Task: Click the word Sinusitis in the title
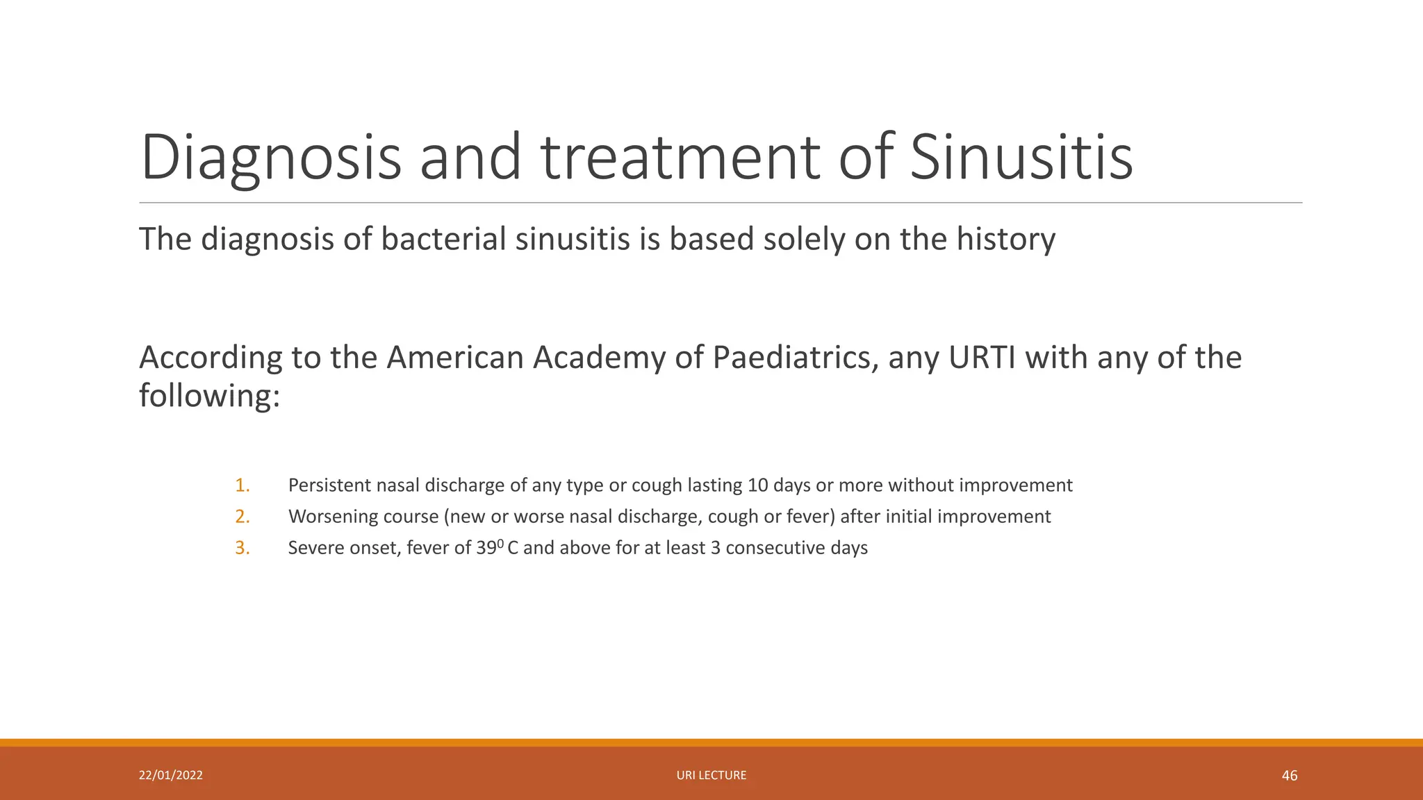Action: [x=1021, y=158]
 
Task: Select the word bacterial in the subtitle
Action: [x=443, y=240]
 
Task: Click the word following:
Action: [x=209, y=397]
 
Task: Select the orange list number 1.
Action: [x=242, y=485]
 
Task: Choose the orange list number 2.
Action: [x=242, y=517]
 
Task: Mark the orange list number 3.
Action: [x=242, y=548]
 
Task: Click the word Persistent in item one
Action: [x=329, y=485]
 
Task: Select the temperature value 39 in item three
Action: [x=486, y=548]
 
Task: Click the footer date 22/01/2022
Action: [x=171, y=775]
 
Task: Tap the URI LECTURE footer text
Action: [x=711, y=775]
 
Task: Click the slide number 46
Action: [x=1289, y=776]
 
